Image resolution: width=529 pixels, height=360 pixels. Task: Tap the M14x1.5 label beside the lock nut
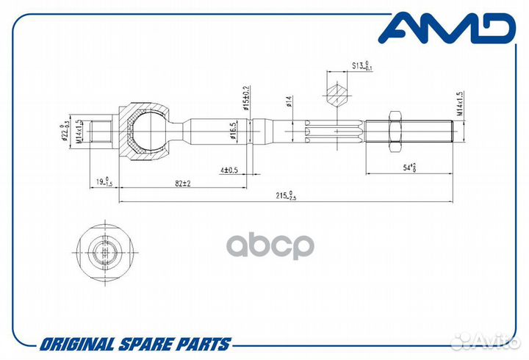pos(459,104)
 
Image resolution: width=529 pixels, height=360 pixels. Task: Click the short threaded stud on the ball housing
pos(102,132)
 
